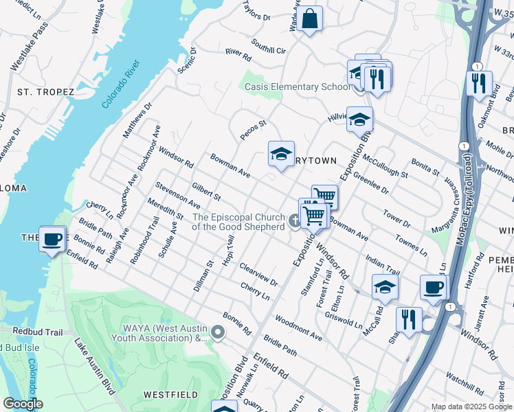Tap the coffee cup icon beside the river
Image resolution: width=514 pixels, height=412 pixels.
(52, 240)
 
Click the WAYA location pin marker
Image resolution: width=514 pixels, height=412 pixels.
(219, 333)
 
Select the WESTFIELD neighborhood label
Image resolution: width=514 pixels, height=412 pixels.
(170, 394)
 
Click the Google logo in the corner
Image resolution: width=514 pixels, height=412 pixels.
(23, 404)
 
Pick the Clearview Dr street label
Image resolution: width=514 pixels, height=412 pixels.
(258, 273)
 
